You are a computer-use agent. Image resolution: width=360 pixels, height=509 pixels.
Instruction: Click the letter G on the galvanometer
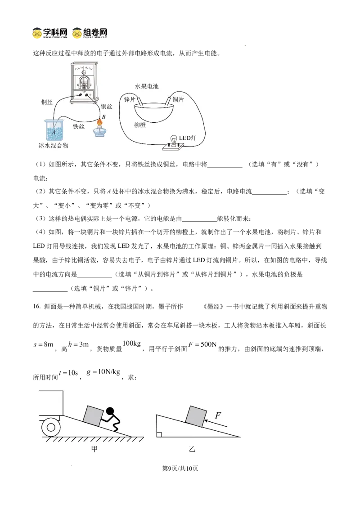click(x=84, y=72)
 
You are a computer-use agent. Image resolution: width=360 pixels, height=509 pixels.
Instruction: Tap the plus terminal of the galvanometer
click(x=90, y=95)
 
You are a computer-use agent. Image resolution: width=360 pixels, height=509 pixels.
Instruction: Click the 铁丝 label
click(x=79, y=127)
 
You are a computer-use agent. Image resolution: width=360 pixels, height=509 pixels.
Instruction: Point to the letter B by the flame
click(x=103, y=117)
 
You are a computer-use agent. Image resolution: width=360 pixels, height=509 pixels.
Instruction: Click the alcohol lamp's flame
click(x=100, y=122)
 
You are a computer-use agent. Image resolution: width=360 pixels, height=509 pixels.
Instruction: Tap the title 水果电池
click(x=147, y=86)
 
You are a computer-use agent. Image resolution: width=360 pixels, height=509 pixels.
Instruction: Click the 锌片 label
click(x=130, y=99)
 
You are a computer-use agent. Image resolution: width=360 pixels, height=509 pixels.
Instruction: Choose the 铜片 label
click(x=178, y=99)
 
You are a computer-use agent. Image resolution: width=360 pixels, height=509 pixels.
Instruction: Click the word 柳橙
click(x=140, y=125)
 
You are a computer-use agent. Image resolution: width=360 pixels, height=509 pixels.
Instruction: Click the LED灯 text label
click(x=188, y=138)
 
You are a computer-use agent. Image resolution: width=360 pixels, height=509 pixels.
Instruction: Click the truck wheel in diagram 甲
click(x=51, y=427)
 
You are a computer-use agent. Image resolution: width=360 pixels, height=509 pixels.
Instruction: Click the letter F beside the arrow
click(x=218, y=415)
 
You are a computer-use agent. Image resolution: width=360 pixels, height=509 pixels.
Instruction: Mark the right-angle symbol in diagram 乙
click(x=159, y=434)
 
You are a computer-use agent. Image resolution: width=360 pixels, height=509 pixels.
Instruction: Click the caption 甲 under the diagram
click(x=94, y=449)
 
